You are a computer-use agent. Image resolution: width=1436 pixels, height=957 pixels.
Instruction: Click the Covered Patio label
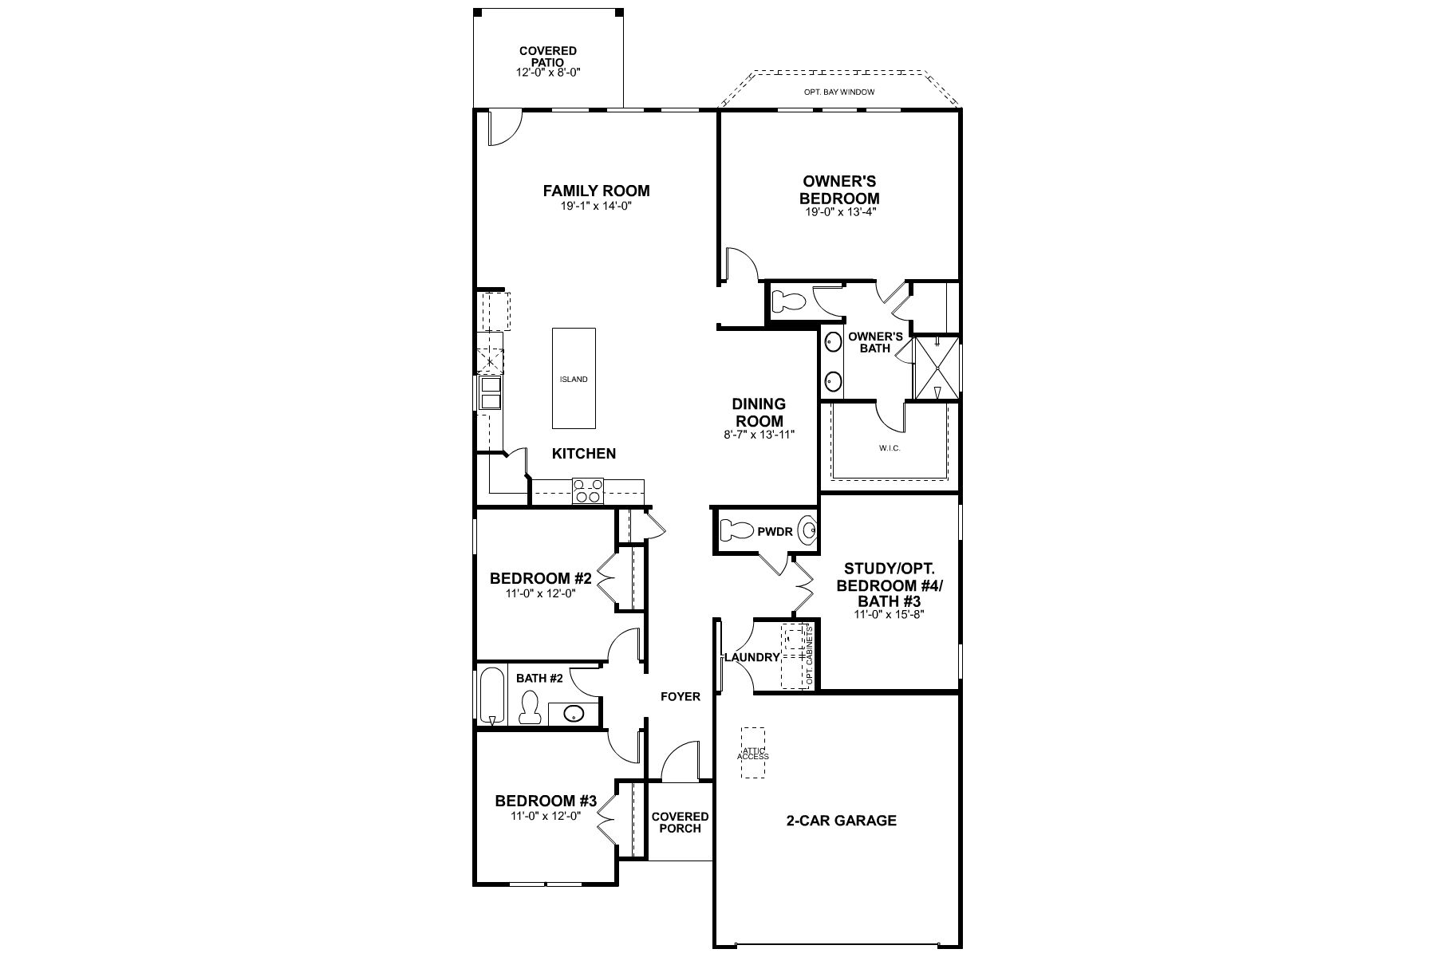click(547, 56)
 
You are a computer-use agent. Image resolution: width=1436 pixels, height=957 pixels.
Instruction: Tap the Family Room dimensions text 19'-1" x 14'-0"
click(596, 206)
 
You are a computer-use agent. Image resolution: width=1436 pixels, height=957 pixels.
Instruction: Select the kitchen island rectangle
click(574, 378)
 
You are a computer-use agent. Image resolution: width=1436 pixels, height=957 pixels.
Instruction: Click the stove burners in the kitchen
click(588, 490)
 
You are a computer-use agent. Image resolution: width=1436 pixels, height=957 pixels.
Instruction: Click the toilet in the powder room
click(736, 530)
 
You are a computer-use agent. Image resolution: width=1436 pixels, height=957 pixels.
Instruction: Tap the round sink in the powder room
click(809, 530)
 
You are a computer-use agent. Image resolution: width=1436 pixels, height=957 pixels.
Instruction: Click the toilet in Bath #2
click(530, 707)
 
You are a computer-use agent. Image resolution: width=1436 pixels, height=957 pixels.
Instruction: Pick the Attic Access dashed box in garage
click(752, 752)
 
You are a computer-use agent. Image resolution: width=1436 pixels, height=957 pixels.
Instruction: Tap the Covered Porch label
click(680, 822)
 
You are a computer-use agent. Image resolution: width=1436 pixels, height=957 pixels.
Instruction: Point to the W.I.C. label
click(890, 448)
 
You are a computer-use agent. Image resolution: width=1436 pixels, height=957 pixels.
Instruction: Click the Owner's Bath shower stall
click(937, 368)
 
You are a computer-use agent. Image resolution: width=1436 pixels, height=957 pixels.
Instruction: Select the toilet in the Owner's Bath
click(790, 302)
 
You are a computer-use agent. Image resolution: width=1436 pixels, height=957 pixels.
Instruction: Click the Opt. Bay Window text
click(838, 92)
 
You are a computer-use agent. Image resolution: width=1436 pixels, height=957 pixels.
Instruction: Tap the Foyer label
click(680, 696)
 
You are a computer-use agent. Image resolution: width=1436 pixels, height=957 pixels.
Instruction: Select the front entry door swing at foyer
click(680, 762)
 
